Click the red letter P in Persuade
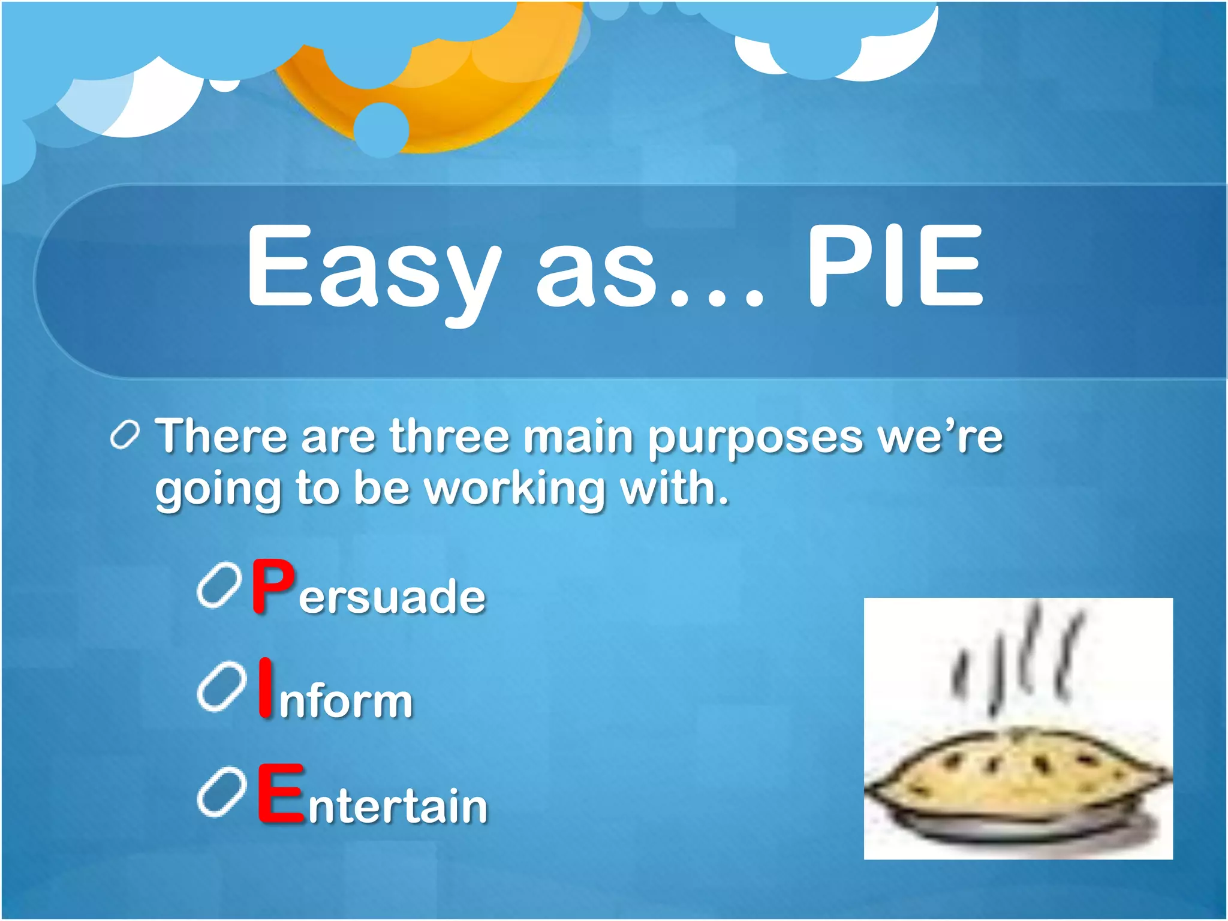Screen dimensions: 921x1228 coord(273,586)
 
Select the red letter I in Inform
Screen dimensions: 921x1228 coord(265,688)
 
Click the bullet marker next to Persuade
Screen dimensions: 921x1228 coord(219,585)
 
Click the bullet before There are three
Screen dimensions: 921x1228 coord(125,435)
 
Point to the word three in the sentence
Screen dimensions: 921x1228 coord(449,436)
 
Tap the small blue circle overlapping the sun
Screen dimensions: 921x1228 coord(381,130)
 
